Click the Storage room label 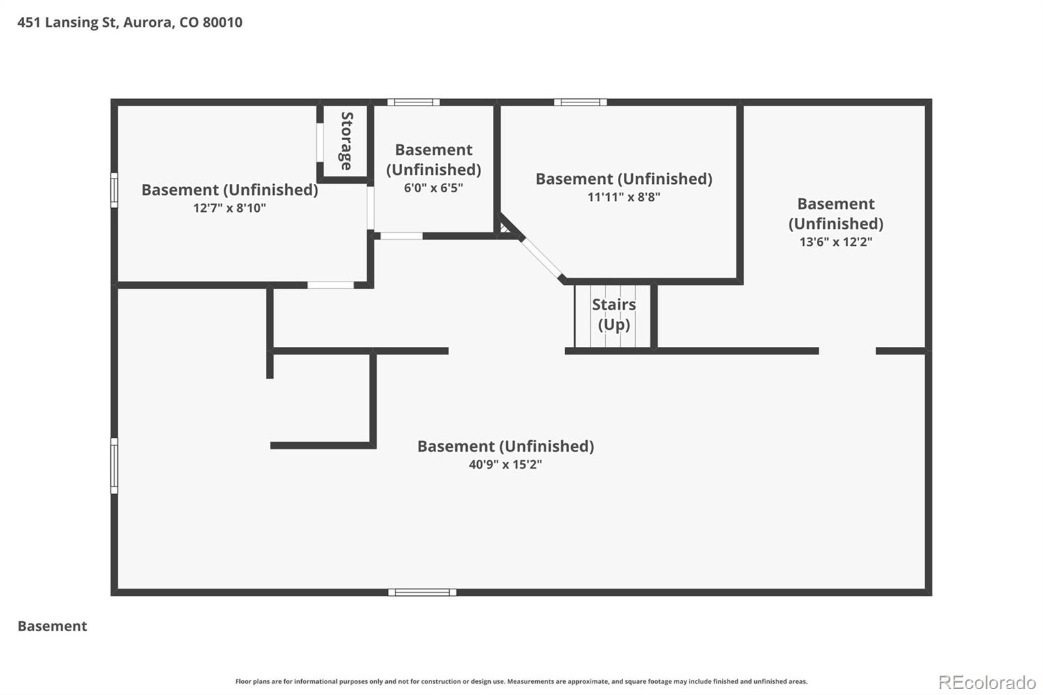pos(346,141)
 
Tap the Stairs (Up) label pos(613,314)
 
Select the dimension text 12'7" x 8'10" pos(229,208)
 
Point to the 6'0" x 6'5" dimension pos(433,188)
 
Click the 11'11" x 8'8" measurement pos(624,197)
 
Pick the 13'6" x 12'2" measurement pos(836,242)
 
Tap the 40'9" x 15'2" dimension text pos(505,464)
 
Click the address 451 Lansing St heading pos(130,22)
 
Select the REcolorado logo pos(987,683)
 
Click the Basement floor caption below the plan pos(52,626)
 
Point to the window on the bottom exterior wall pos(422,593)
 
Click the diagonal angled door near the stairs pos(542,258)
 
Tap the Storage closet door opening pos(320,143)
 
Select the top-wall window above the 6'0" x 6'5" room pos(413,102)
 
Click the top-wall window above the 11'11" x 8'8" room pos(580,102)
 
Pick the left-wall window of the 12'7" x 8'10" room pos(114,190)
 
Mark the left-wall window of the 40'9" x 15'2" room pos(114,466)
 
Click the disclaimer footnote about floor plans pos(521,681)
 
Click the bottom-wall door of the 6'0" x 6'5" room pos(402,236)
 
